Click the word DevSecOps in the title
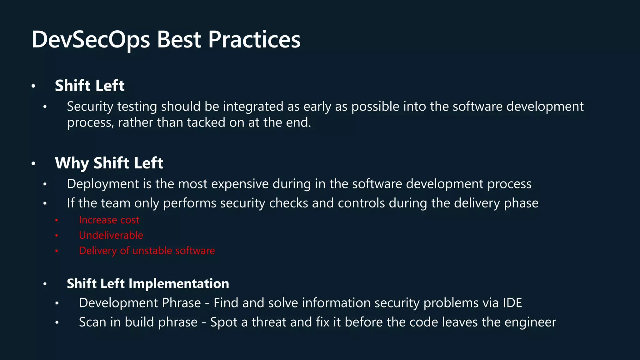pos(91,40)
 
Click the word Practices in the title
pos(254,40)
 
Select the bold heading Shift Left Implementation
pos(148,284)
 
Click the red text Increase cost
pos(109,220)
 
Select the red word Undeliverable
pos(111,235)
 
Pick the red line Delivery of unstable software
pos(147,251)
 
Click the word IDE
pos(512,303)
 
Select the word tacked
pos(206,122)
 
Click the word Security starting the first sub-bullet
pos(90,107)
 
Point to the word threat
pos(269,322)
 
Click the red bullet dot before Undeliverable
pos(57,235)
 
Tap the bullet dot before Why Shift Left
pos(33,163)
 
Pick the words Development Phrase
pos(140,303)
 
